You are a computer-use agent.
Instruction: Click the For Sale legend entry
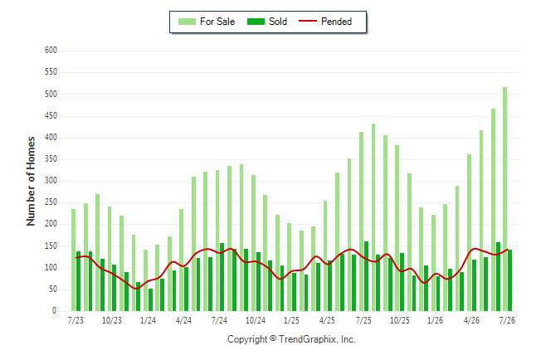pyautogui.click(x=207, y=22)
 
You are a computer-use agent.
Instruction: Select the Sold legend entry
pyautogui.click(x=267, y=22)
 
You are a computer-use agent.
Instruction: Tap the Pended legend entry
pyautogui.click(x=325, y=22)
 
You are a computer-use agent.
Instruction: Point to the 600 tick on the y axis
pyautogui.click(x=51, y=51)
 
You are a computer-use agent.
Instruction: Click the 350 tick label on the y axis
pyautogui.click(x=51, y=159)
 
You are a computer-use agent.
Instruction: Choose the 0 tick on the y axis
pyautogui.click(x=54, y=310)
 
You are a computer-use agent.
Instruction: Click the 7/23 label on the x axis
pyautogui.click(x=76, y=320)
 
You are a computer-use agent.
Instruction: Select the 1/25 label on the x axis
pyautogui.click(x=291, y=320)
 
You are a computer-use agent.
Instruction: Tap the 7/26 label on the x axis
pyautogui.click(x=507, y=320)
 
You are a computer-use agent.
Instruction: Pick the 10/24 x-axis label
pyautogui.click(x=256, y=320)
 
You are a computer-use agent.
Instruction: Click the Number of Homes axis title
pyautogui.click(x=31, y=181)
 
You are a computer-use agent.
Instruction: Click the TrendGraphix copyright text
pyautogui.click(x=291, y=339)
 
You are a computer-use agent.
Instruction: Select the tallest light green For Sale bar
pyautogui.click(x=504, y=199)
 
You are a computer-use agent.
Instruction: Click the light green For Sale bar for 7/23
pyautogui.click(x=73, y=260)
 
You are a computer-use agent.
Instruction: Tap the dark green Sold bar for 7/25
pyautogui.click(x=366, y=276)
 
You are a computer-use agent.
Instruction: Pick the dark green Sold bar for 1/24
pyautogui.click(x=150, y=299)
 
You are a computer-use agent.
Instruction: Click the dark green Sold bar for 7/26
pyautogui.click(x=509, y=280)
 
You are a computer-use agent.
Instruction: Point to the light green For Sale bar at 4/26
pyautogui.click(x=469, y=232)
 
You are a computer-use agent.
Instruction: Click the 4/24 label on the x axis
pyautogui.click(x=183, y=320)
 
